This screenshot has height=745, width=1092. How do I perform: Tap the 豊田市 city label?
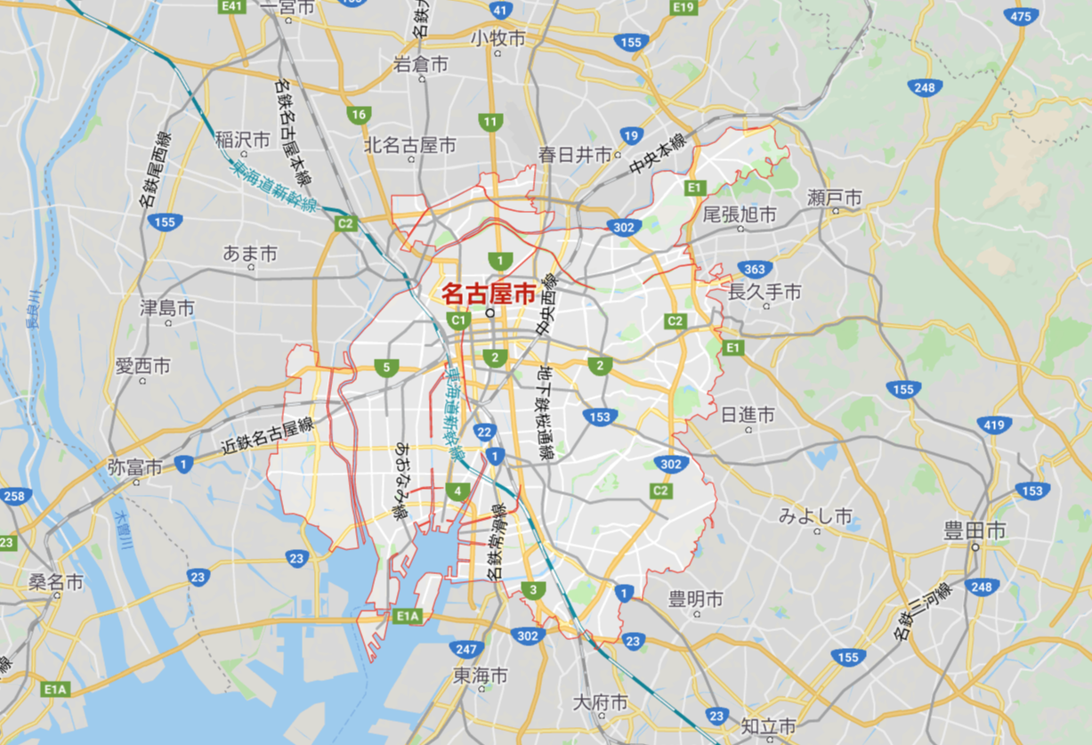click(x=975, y=531)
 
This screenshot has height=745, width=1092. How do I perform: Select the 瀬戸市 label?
click(x=835, y=197)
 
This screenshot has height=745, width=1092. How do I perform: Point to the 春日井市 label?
click(x=575, y=154)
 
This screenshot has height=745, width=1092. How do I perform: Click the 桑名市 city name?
click(x=55, y=583)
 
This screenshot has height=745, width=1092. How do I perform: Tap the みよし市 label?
click(x=815, y=516)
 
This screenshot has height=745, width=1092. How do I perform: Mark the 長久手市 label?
click(x=764, y=292)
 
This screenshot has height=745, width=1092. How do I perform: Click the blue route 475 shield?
click(x=1021, y=17)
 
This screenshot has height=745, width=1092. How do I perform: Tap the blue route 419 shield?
click(x=993, y=425)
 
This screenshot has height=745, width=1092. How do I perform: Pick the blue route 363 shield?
click(x=755, y=270)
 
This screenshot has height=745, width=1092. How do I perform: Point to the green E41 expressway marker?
click(x=232, y=6)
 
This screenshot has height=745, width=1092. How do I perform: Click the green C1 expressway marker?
click(x=459, y=320)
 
